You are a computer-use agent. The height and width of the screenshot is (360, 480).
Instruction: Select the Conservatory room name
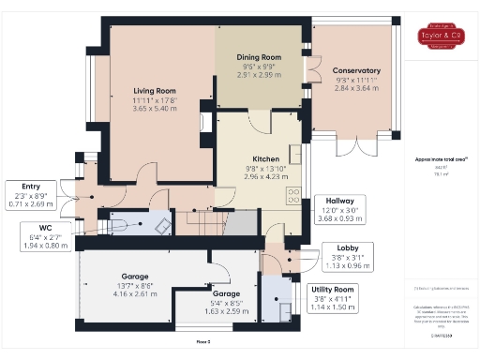[x=357, y=70]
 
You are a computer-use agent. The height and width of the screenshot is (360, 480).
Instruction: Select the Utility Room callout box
[x=332, y=297]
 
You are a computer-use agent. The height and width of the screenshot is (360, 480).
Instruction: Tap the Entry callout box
[x=27, y=192]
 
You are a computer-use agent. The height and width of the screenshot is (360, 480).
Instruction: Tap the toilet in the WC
[x=118, y=223]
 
